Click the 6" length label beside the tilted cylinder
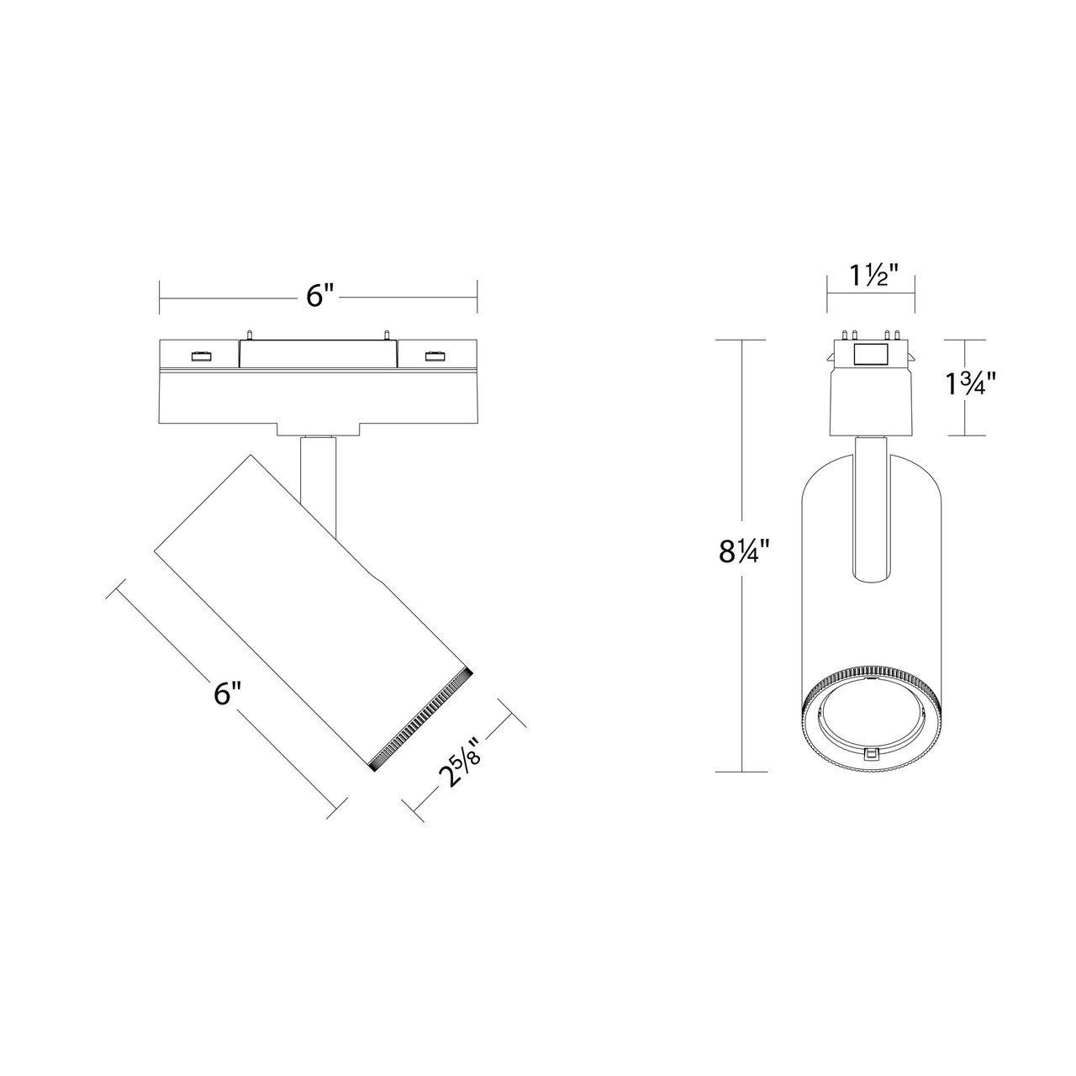(227, 694)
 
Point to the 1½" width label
(871, 274)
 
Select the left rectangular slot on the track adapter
(201, 356)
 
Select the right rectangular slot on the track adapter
(435, 356)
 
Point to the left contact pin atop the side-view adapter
(249, 335)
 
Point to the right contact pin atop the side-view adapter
(386, 335)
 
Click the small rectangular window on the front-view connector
(871, 355)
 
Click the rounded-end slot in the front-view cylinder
(871, 513)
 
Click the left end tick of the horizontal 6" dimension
(160, 296)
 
